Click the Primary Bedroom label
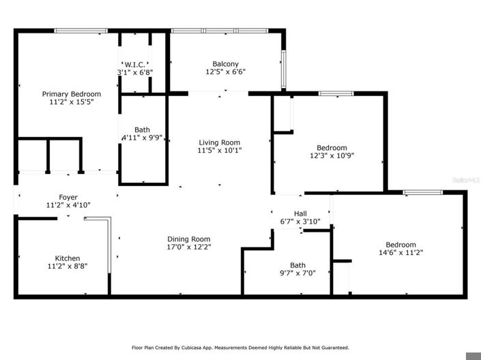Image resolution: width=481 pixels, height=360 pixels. tap(72, 94)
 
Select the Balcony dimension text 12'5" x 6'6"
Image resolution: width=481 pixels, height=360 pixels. tap(226, 71)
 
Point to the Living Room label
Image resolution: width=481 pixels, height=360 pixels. tap(220, 141)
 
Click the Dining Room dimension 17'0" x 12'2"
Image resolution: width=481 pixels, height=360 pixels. tap(188, 247)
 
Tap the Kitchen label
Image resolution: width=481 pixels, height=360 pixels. tap(68, 258)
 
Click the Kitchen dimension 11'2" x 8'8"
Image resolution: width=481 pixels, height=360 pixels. tap(68, 267)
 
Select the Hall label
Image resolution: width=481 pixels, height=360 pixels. tap(300, 213)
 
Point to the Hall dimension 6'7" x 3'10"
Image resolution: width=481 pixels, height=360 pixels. tap(300, 222)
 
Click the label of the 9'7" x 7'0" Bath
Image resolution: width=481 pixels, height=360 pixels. tap(297, 265)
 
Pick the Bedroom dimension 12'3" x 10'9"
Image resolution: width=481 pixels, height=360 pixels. tap(332, 155)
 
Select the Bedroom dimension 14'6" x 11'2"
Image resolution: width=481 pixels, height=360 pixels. tap(400, 253)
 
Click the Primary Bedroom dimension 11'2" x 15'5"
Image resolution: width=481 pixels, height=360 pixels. tap(72, 102)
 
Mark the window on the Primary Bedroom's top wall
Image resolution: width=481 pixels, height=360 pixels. tap(80, 31)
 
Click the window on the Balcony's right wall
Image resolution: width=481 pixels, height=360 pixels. tap(283, 65)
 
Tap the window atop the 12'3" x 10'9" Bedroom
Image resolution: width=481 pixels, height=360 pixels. tap(336, 93)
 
